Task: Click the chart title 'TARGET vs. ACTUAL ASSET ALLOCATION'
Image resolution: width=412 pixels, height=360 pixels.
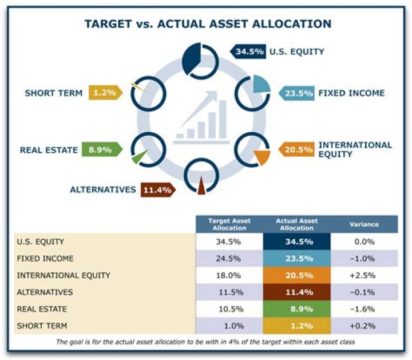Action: (208, 24)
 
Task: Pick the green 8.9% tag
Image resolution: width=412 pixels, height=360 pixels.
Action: (101, 150)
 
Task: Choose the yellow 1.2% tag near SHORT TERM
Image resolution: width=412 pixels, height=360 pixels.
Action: (104, 93)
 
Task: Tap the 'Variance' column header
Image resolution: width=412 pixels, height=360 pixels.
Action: (364, 224)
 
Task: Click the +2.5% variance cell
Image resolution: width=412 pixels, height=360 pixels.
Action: (364, 275)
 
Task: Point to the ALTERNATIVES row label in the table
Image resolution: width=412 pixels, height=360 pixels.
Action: (45, 292)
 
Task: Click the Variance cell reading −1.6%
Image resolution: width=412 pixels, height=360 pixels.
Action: (364, 309)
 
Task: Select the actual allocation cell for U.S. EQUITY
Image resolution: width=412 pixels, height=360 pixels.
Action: (297, 242)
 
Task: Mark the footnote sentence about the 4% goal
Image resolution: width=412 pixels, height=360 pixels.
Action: (206, 342)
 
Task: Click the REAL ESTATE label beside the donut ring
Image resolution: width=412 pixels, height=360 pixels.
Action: (49, 151)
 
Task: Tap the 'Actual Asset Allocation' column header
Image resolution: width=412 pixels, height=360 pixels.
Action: (297, 224)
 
